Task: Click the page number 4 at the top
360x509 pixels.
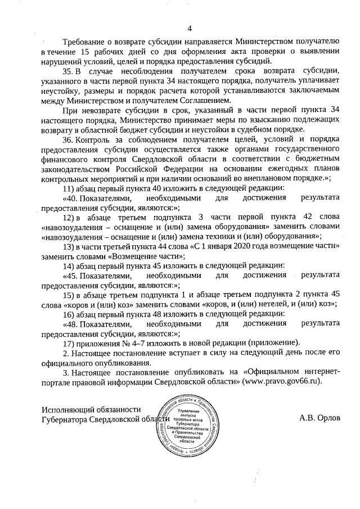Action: pos(190,29)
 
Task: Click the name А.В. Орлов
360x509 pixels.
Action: pos(320,418)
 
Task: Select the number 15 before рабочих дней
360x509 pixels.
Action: pos(86,51)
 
